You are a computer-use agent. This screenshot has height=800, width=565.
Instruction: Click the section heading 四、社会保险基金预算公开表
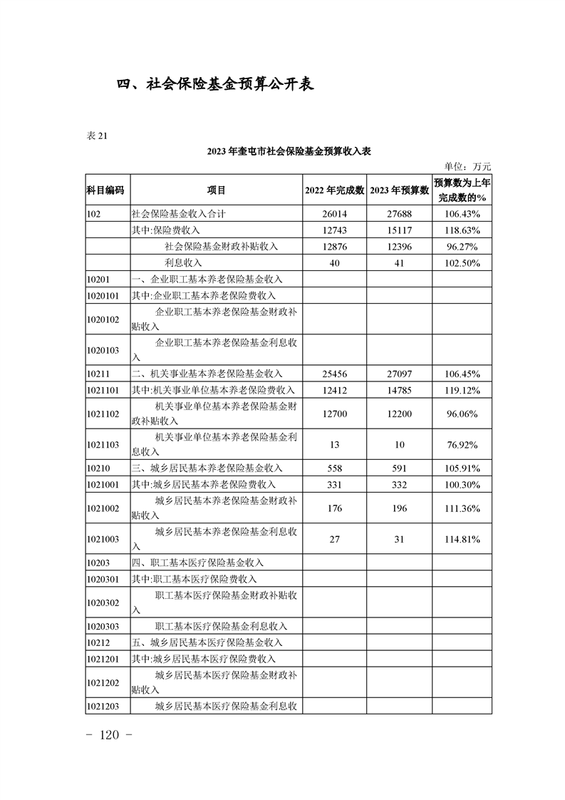tap(215, 83)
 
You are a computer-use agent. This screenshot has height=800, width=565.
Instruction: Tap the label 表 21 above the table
tap(97, 137)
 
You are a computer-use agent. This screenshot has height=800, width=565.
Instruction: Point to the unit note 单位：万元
tap(467, 167)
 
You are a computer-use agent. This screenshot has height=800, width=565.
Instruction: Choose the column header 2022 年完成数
tap(335, 190)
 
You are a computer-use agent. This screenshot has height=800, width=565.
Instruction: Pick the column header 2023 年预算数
tap(400, 190)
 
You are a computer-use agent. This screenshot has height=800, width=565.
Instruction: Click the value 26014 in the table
tap(335, 214)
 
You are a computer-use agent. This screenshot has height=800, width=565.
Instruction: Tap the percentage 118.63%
tap(462, 230)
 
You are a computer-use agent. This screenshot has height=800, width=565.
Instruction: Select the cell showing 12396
tap(400, 247)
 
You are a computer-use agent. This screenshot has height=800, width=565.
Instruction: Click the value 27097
tap(400, 374)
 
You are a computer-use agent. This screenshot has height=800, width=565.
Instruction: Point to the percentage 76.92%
tap(462, 445)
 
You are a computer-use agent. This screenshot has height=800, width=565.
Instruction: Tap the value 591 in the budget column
tap(400, 468)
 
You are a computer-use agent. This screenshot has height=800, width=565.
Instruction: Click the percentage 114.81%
tap(462, 540)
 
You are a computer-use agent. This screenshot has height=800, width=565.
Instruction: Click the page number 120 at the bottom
tap(110, 735)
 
